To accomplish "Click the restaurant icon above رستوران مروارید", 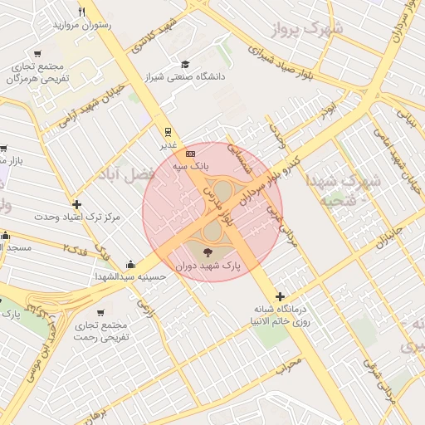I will pyautogui.click(x=81, y=12).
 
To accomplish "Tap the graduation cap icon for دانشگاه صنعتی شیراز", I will pyautogui.click(x=185, y=64).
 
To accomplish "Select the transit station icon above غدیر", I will pyautogui.click(x=168, y=131).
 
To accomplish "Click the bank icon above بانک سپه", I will pyautogui.click(x=191, y=154).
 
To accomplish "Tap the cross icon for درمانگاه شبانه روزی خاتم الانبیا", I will pyautogui.click(x=280, y=296).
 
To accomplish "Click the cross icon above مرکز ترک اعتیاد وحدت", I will pyautogui.click(x=77, y=204).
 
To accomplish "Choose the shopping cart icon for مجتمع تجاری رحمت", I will pyautogui.click(x=100, y=312).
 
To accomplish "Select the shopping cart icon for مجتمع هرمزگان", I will pyautogui.click(x=37, y=54).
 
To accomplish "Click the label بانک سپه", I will pyautogui.click(x=191, y=167).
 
